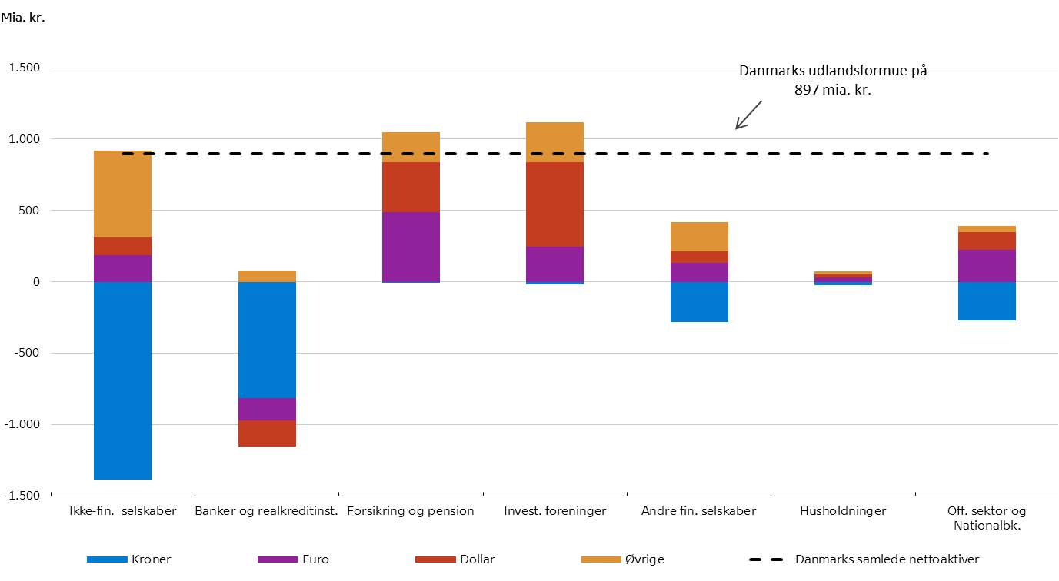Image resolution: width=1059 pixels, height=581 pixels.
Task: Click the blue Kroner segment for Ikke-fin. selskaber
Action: (x=122, y=380)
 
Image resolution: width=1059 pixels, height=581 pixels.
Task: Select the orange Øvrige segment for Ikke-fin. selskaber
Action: (x=122, y=194)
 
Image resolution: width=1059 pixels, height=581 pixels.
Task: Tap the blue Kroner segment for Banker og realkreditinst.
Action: (x=267, y=340)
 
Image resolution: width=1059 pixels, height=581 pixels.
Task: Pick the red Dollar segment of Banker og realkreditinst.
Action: (x=267, y=433)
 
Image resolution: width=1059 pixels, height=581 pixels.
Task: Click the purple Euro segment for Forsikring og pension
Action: (x=411, y=247)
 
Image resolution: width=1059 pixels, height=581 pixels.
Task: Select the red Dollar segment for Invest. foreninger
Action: (x=554, y=204)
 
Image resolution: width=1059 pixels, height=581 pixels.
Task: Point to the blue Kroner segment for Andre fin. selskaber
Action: (x=699, y=302)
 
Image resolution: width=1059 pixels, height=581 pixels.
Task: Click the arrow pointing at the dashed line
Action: (x=748, y=115)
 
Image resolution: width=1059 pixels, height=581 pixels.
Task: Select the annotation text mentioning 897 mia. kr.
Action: (x=833, y=79)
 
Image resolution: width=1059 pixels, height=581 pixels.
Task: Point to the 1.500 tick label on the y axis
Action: (x=25, y=68)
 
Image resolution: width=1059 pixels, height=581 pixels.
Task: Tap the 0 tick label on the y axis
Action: (x=35, y=282)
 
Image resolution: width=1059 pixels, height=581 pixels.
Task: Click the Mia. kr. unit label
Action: (x=23, y=17)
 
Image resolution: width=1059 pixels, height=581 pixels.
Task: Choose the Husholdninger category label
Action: (x=843, y=511)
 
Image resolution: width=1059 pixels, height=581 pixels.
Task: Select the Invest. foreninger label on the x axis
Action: (x=554, y=511)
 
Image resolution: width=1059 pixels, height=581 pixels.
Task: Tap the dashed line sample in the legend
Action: (x=768, y=559)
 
